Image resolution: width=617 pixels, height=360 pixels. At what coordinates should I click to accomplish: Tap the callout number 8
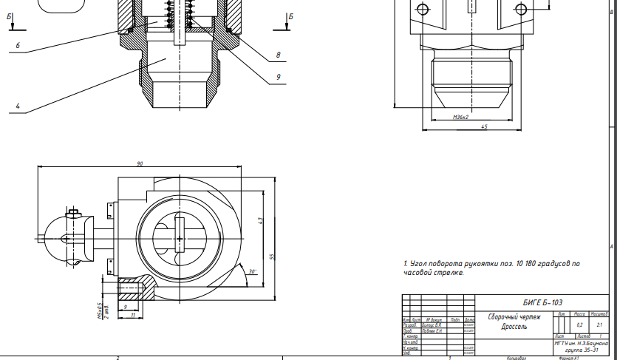pos(278,55)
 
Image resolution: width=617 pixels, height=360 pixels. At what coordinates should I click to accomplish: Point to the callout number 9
pos(278,75)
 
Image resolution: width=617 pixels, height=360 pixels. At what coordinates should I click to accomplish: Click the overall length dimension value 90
pos(139,163)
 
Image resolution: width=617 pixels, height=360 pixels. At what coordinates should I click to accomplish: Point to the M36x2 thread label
pos(461,117)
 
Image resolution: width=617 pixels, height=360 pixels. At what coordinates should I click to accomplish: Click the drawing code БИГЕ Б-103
pos(542,302)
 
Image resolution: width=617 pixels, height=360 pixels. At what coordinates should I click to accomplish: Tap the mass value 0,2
pos(579,325)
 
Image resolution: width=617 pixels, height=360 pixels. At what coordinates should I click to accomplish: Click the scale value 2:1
pos(599,325)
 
